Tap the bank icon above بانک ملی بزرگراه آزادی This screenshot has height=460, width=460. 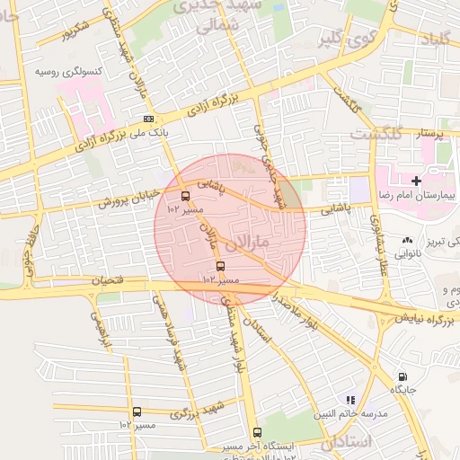click(148, 119)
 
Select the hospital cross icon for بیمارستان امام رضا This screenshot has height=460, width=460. click(415, 181)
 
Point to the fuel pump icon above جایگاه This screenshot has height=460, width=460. click(402, 376)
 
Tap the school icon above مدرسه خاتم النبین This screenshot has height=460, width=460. click(351, 399)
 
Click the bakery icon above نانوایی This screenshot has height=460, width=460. click(408, 240)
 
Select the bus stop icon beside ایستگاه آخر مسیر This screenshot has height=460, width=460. click(258, 432)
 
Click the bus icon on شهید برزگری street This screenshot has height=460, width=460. click(137, 411)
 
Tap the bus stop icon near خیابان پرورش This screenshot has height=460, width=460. click(186, 196)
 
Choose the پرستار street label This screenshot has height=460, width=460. click(428, 134)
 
